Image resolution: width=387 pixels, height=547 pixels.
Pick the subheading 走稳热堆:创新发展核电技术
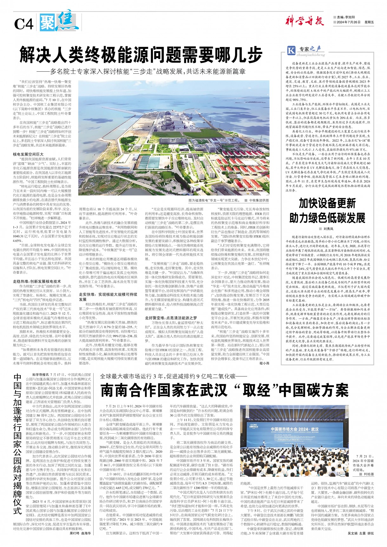[37, 281]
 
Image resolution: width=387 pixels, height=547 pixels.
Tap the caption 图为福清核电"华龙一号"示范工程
[214, 200]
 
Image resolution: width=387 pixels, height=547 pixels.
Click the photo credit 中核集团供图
[259, 200]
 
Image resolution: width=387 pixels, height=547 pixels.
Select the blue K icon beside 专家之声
[291, 50]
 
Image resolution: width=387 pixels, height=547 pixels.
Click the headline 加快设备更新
[327, 203]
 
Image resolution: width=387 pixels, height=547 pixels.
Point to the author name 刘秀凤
[328, 229]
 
